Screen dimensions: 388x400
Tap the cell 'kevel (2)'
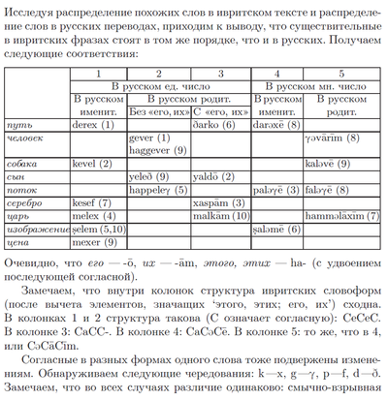coord(94,165)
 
